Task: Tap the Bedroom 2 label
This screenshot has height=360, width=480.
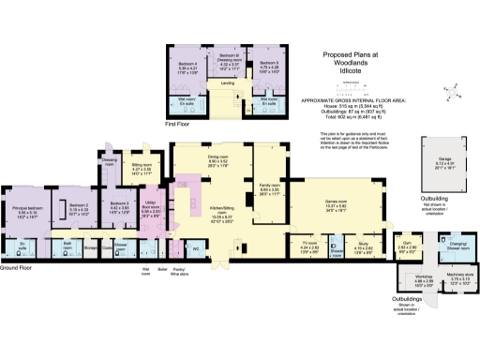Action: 79,205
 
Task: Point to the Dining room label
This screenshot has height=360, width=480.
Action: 217,157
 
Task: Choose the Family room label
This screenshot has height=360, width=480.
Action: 271,187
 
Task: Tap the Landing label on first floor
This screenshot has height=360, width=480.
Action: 227,82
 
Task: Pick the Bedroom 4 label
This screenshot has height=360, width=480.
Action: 187,65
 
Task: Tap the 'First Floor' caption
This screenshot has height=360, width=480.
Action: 176,122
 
